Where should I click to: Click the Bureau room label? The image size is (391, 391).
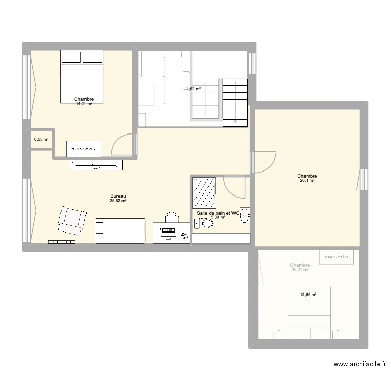tap(118, 196)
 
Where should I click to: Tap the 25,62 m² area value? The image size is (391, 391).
tap(118, 201)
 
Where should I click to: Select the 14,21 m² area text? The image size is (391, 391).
tap(84, 104)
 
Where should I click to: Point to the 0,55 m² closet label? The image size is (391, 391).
tap(41, 140)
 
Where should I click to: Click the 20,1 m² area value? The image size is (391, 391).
tap(307, 181)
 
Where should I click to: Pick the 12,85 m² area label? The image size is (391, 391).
tap(308, 295)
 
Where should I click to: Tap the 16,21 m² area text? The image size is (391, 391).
tap(300, 270)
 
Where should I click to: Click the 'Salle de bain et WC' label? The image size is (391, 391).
tap(218, 213)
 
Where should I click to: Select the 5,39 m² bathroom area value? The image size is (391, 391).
tap(218, 217)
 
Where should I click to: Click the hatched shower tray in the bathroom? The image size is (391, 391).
tap(205, 193)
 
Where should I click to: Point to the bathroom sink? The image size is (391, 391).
tap(245, 215)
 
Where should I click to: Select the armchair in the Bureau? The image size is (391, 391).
tap(71, 220)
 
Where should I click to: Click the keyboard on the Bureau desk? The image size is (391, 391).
tap(168, 230)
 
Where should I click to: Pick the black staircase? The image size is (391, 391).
tap(235, 102)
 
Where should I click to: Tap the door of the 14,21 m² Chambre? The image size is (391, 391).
tap(124, 144)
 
